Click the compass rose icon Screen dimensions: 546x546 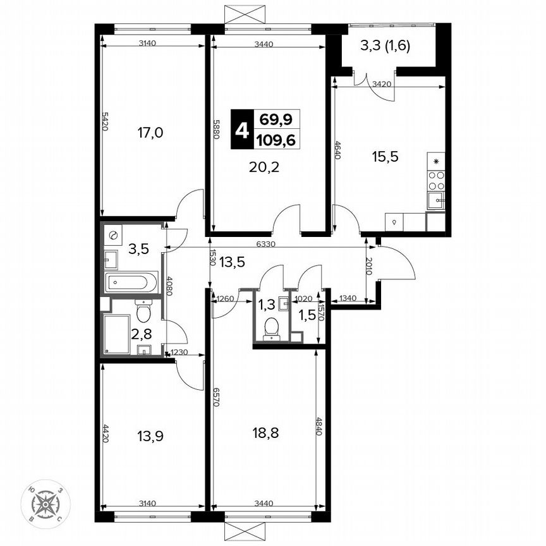click(x=45, y=504)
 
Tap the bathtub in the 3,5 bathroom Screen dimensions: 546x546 click(x=131, y=282)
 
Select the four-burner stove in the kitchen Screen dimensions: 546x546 click(x=436, y=179)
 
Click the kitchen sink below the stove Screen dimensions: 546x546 click(x=435, y=202)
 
